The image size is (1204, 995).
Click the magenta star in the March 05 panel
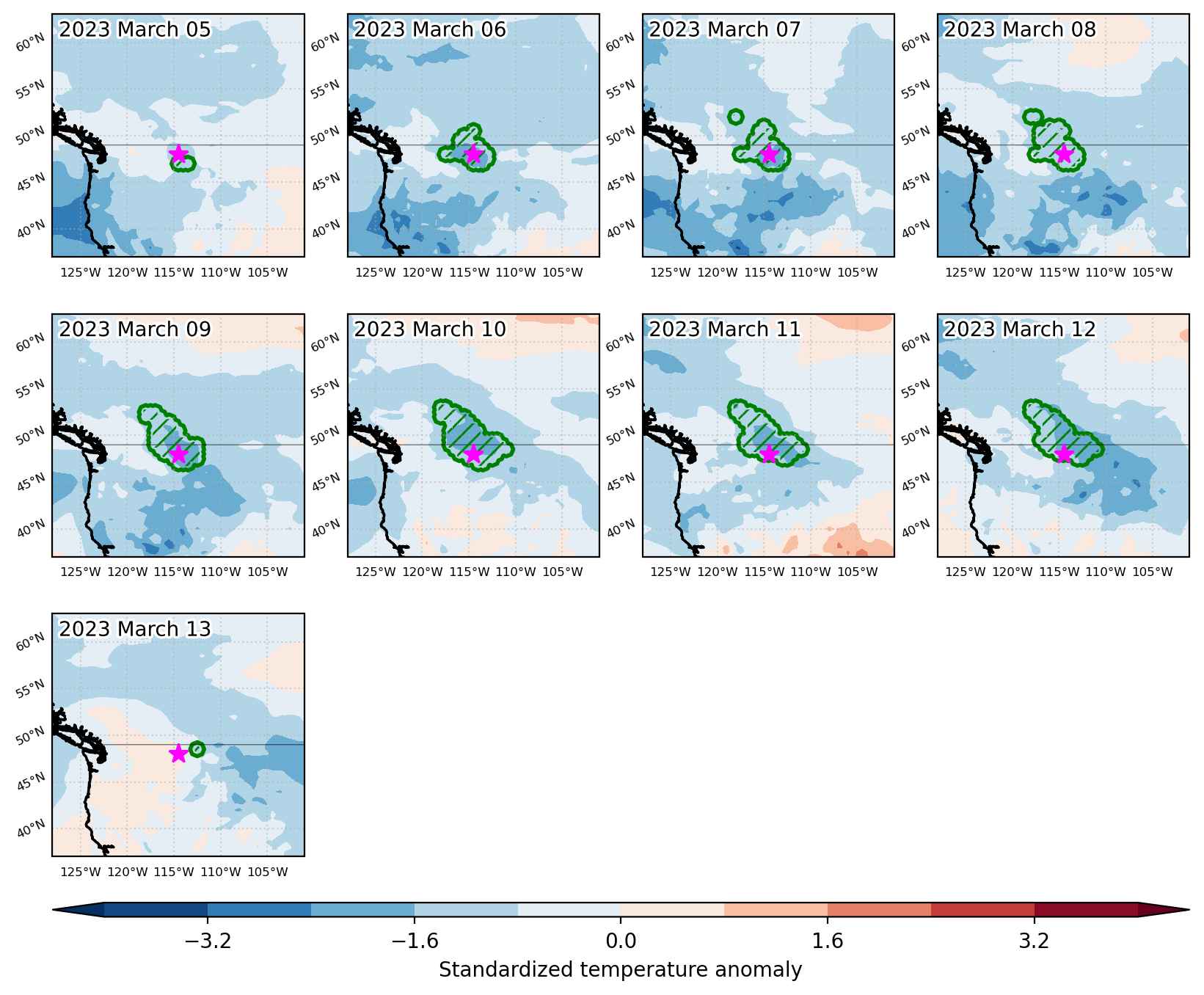tap(178, 153)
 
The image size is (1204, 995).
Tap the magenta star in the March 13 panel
tap(178, 754)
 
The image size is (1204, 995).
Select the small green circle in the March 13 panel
tap(197, 749)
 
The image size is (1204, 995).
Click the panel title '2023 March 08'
tap(1019, 30)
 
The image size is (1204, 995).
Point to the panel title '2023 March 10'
tap(430, 330)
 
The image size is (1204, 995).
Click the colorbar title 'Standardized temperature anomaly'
tap(621, 971)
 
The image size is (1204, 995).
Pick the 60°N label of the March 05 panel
tap(31, 43)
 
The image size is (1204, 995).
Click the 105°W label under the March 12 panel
tap(1153, 572)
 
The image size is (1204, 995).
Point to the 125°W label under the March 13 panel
tap(80, 872)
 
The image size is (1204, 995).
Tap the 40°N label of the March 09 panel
tap(31, 528)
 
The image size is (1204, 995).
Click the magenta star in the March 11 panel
tap(768, 454)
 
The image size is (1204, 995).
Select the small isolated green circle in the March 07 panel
tap(736, 116)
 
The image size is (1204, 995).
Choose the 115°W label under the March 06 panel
tap(469, 273)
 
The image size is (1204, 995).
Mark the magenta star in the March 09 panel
tap(178, 454)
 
